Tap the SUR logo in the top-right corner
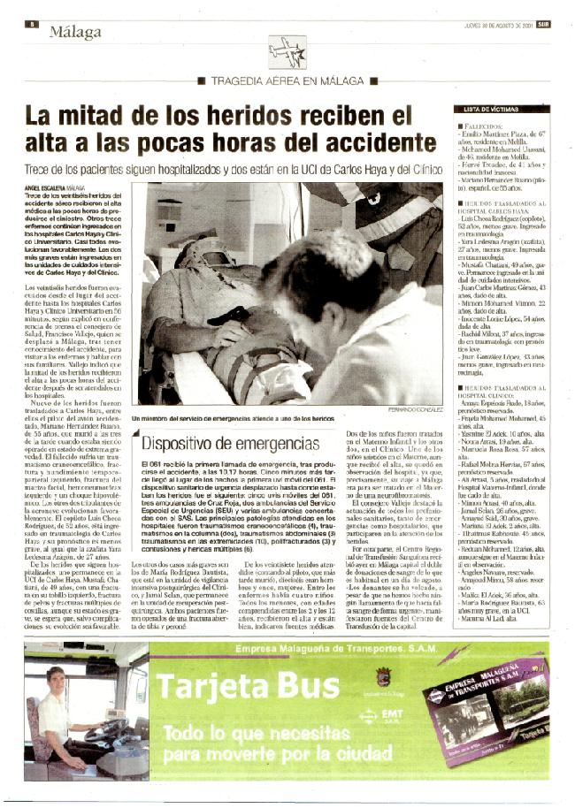(542, 25)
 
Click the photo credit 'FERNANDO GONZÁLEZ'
(415, 411)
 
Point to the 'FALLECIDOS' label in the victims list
(484, 127)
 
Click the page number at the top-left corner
(31, 24)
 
